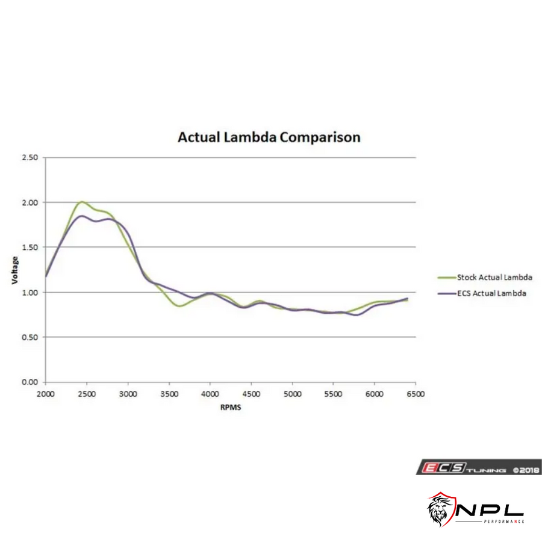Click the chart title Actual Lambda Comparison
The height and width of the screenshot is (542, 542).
coord(269,137)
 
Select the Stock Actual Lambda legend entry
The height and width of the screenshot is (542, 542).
coord(494,278)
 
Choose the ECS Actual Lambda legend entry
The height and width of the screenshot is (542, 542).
coord(491,293)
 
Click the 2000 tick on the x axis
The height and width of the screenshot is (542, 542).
coord(46,394)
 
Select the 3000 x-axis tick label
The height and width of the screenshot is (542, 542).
coord(128,394)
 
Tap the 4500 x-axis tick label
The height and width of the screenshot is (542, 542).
coord(251,394)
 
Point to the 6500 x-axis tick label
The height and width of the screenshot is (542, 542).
coord(416,394)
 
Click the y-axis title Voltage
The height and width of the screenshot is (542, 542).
coord(15,270)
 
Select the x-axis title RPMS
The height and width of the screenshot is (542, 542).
coord(231,407)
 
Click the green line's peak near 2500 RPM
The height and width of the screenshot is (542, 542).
coord(82,202)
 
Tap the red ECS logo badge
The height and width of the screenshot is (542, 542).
coord(434,468)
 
